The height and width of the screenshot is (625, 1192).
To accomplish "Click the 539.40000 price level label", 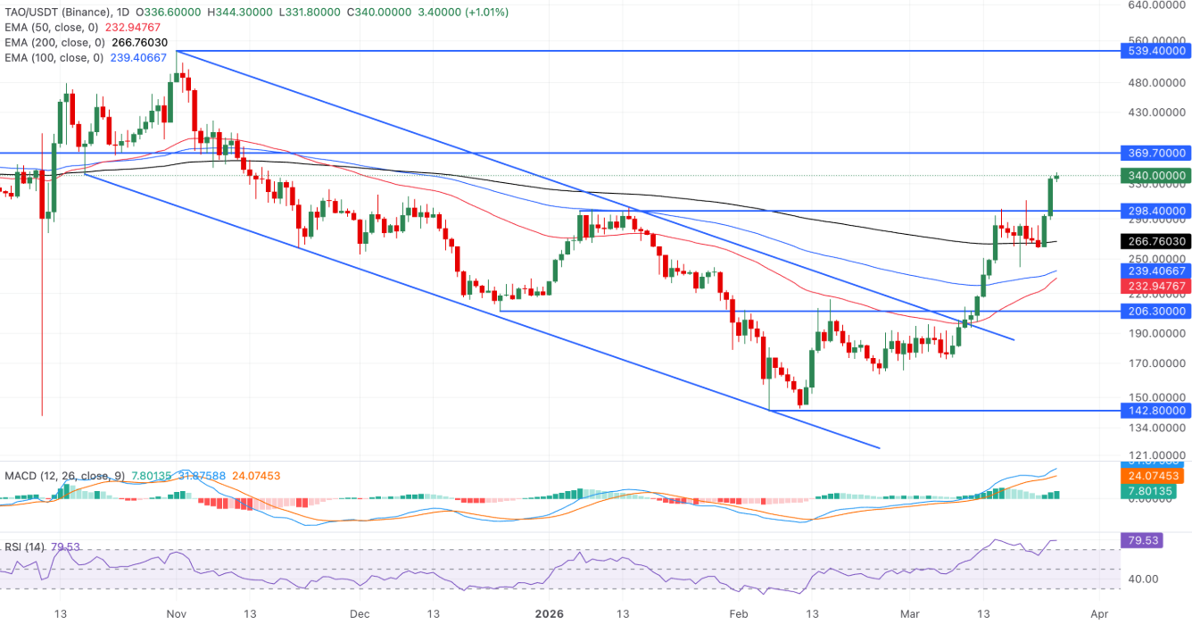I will click(1155, 52).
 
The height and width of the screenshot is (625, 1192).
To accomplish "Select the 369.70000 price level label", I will click(1155, 153).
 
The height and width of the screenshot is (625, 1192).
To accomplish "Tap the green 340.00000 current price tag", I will click(1155, 176).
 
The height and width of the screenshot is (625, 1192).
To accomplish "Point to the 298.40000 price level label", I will click(1155, 211).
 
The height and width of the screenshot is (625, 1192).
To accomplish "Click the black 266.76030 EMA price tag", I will click(1155, 241).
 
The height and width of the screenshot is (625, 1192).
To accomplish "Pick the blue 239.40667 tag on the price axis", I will click(1155, 271).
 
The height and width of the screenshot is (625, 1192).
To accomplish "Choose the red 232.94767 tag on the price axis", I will click(1155, 286).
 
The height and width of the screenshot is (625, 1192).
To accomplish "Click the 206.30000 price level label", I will click(1155, 311).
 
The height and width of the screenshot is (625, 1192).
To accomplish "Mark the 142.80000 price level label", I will click(1155, 410).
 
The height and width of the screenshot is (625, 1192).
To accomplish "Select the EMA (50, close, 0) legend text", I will click(54, 27).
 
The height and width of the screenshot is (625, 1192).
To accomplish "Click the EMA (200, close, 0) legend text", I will click(54, 42).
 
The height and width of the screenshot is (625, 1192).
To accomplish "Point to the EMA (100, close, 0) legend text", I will click(54, 57).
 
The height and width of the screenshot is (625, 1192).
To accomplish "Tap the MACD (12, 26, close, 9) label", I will click(62, 476).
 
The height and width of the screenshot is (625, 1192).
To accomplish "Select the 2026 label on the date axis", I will click(549, 614).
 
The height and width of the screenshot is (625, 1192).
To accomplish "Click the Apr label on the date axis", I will click(1099, 614).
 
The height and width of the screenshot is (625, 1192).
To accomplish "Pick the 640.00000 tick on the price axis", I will click(1155, 4).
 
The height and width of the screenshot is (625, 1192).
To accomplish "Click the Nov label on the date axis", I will click(175, 614).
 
